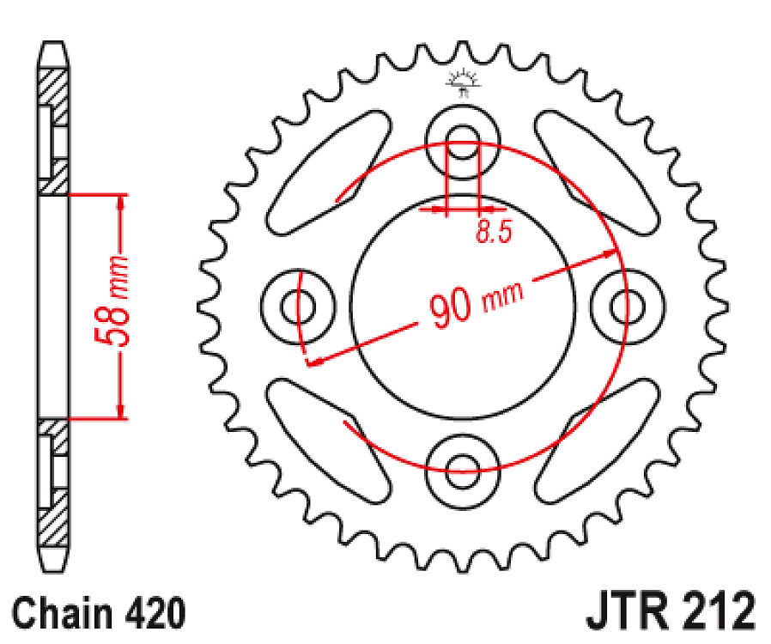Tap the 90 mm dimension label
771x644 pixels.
tap(475, 302)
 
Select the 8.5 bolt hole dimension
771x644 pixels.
tap(494, 232)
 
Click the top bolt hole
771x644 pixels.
tap(462, 141)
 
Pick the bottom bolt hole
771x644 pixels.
tap(462, 471)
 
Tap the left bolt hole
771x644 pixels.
tap(297, 307)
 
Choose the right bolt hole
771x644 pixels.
tap(627, 306)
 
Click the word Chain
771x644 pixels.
tap(62, 614)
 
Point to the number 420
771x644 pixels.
tap(155, 614)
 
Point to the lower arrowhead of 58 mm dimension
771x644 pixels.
tap(121, 411)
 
